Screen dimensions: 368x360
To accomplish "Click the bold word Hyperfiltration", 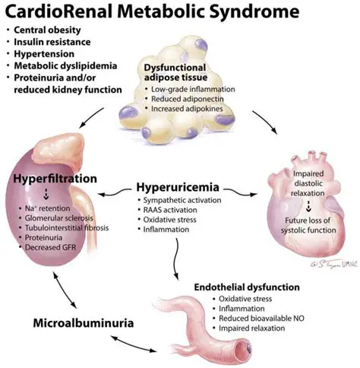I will click(54, 179).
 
